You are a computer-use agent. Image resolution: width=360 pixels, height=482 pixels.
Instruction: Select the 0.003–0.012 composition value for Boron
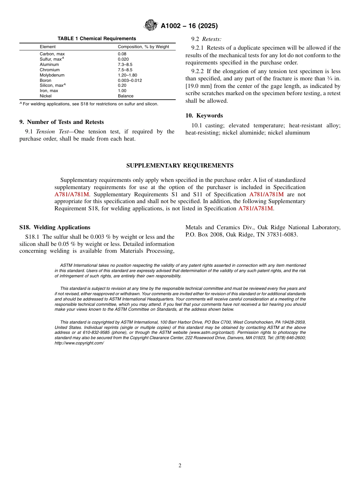pyautogui.click(x=130, y=80)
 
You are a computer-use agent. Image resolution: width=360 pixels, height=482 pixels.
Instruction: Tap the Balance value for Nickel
pyautogui.click(x=125, y=96)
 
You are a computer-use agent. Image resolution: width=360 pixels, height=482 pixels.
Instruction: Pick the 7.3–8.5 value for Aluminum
pyautogui.click(x=125, y=65)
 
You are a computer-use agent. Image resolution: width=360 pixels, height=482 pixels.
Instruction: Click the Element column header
pyautogui.click(x=47, y=47)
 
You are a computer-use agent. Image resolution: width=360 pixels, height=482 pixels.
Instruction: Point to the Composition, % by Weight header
pyautogui.click(x=143, y=47)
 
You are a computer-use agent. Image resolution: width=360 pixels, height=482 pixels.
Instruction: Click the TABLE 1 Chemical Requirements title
pyautogui.click(x=97, y=39)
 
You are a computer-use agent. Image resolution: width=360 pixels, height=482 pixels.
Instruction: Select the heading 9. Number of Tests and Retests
pyautogui.click(x=61, y=122)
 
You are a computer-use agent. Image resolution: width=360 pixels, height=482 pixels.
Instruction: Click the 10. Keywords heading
pyautogui.click(x=204, y=116)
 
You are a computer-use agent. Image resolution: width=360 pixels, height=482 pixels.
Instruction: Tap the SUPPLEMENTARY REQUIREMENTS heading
pyautogui.click(x=180, y=166)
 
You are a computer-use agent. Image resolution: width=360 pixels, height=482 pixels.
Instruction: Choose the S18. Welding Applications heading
pyautogui.click(x=55, y=227)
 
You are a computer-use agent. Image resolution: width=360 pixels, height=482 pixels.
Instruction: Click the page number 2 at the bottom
pyautogui.click(x=180, y=466)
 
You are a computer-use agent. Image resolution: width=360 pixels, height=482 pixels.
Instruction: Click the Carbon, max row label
pyautogui.click(x=52, y=54)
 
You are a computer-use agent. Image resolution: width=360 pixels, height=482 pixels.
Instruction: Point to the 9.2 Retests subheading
pyautogui.click(x=207, y=39)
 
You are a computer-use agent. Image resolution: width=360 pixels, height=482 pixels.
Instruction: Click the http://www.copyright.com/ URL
pyautogui.click(x=79, y=343)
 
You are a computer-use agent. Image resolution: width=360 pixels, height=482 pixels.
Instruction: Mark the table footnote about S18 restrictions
pyautogui.click(x=89, y=104)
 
